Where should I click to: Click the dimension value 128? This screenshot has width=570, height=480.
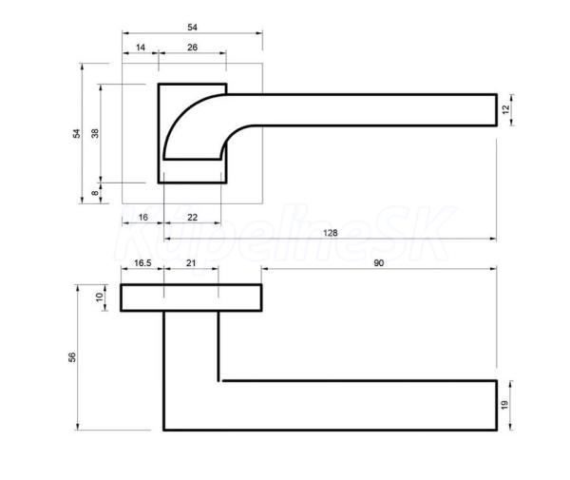[330, 233]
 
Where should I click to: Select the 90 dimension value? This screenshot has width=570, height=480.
[378, 263]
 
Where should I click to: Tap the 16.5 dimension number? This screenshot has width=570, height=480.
[142, 263]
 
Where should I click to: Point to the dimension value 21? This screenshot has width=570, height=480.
[191, 263]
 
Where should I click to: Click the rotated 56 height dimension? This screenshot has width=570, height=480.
[72, 357]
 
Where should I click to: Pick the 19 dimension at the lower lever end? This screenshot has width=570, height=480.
[504, 405]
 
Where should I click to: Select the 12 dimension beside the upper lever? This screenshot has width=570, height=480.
[505, 109]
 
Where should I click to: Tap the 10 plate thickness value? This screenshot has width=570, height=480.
[99, 298]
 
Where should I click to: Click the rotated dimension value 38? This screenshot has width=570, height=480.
[95, 133]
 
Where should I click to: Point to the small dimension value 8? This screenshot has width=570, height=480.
[95, 193]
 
